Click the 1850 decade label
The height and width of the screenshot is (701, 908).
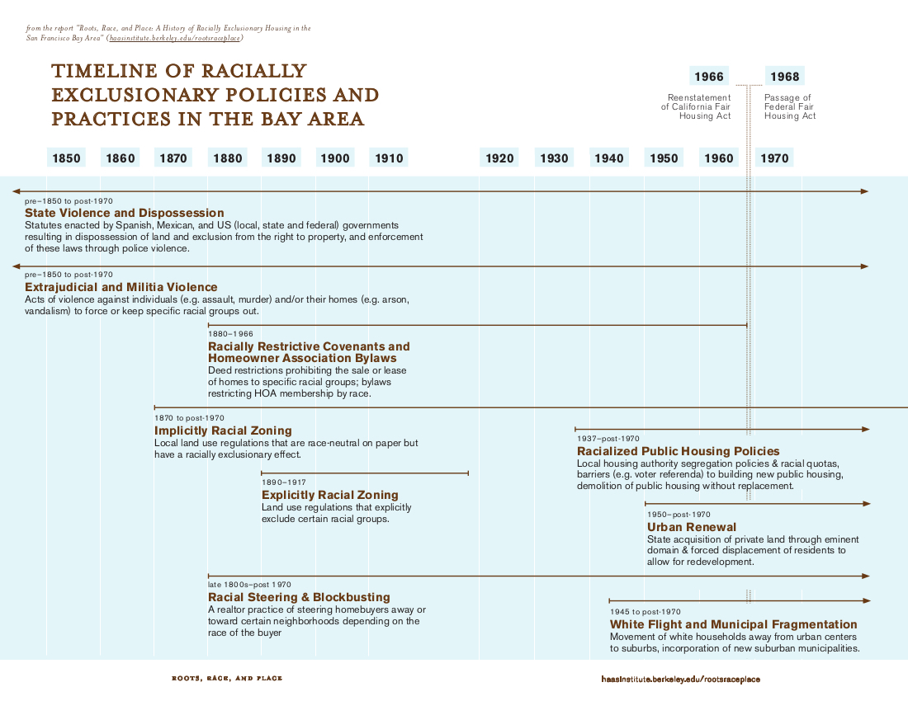[x=66, y=158]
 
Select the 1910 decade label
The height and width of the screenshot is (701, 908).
[x=388, y=158]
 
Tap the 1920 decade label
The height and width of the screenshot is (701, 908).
[x=499, y=158]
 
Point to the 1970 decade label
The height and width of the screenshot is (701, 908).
[x=774, y=158]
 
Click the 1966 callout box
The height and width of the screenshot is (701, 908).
[x=708, y=77]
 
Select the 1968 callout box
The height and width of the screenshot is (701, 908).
[x=784, y=77]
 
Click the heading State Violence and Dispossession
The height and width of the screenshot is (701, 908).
[x=125, y=213]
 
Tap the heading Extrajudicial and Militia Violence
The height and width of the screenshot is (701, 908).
[x=121, y=287]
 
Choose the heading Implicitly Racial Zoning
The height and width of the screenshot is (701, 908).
[x=223, y=430]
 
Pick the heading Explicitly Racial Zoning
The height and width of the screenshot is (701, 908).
[x=330, y=495]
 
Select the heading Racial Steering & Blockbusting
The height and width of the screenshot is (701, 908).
[x=299, y=597]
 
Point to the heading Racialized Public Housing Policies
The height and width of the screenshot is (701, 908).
[x=678, y=451]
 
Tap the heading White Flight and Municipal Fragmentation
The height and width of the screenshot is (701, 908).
[x=733, y=624]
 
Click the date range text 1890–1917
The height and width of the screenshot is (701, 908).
[x=284, y=482]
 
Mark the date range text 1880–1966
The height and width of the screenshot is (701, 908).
[x=230, y=334]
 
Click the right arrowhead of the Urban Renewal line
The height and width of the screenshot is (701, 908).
[x=866, y=503]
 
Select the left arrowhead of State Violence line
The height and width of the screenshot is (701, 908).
[x=16, y=191]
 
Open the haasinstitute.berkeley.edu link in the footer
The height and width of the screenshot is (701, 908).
[x=681, y=679]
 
